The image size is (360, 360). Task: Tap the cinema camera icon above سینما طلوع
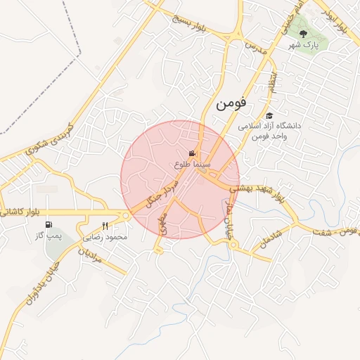192,153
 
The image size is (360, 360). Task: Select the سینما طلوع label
193,163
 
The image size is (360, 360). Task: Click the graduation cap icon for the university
269,115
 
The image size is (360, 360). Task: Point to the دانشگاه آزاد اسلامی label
269,126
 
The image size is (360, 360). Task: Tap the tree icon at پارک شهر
304,33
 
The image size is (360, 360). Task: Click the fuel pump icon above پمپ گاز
50,226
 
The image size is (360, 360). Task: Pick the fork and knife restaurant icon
105,226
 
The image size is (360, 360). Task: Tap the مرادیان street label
90,256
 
